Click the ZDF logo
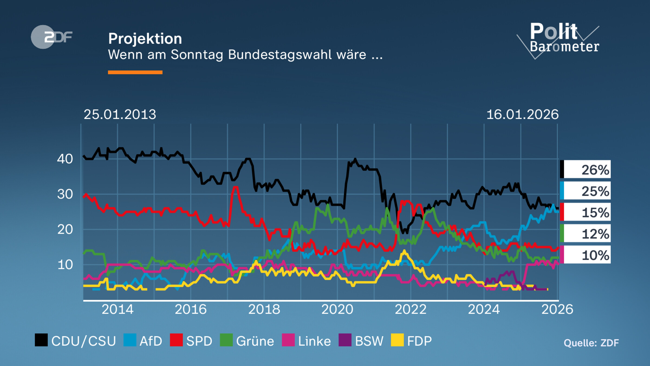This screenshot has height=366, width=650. [x=51, y=37]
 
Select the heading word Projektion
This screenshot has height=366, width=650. [x=145, y=38]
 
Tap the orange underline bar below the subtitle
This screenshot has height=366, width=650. [x=135, y=72]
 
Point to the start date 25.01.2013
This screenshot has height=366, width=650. [x=120, y=114]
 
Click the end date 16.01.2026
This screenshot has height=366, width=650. [x=522, y=114]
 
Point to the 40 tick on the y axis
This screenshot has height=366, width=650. [x=65, y=159]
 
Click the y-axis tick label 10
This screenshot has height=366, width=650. [x=65, y=265]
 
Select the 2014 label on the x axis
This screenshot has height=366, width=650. [x=118, y=309]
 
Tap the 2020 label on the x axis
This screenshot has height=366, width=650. [x=337, y=309]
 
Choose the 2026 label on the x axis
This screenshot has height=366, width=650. [x=557, y=309]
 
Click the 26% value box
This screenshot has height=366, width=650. [x=586, y=169]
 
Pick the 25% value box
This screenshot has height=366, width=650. [x=586, y=191]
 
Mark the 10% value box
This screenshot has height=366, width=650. [x=586, y=255]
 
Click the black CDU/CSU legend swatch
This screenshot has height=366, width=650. [x=41, y=340]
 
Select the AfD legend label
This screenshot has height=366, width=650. [x=151, y=341]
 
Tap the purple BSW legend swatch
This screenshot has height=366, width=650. [x=345, y=340]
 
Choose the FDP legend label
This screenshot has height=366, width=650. [x=420, y=341]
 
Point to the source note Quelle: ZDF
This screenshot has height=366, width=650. [x=591, y=343]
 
